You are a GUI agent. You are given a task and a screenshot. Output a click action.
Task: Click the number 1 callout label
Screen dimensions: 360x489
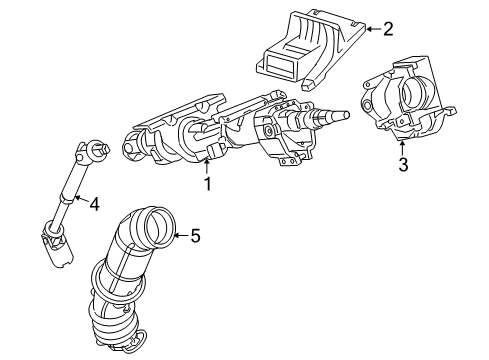click(x=208, y=184)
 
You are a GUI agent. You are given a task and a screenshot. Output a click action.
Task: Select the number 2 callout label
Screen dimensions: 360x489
click(x=388, y=28)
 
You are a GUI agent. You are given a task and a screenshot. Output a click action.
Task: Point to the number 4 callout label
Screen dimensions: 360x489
click(x=93, y=205)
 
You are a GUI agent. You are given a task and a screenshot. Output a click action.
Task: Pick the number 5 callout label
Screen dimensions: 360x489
click(x=195, y=237)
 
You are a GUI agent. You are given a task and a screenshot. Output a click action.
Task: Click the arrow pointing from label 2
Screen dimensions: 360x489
click(x=371, y=28)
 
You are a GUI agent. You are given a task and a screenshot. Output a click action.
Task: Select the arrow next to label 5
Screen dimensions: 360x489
click(x=180, y=237)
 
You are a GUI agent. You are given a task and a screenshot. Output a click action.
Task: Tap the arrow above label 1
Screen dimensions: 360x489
click(x=208, y=167)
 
